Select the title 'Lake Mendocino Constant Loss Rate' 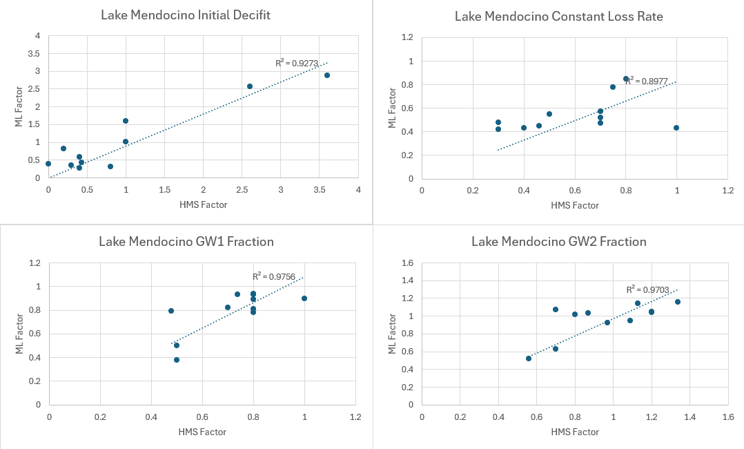pos(558,16)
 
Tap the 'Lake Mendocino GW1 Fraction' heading pos(186,241)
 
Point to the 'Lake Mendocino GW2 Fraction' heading pos(558,241)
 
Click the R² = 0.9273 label pos(297,63)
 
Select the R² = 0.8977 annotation pos(646,81)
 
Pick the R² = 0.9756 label pos(274,276)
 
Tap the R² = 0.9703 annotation pos(647,289)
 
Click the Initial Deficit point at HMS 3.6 pos(327,75)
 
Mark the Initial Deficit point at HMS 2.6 pos(250,86)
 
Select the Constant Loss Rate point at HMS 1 pos(676,128)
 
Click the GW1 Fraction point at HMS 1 pos(304,298)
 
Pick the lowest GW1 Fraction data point pos(177,360)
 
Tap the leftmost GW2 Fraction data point pos(529,359)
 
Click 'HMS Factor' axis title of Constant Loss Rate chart pos(574,206)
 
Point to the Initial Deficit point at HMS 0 pos(48,164)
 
